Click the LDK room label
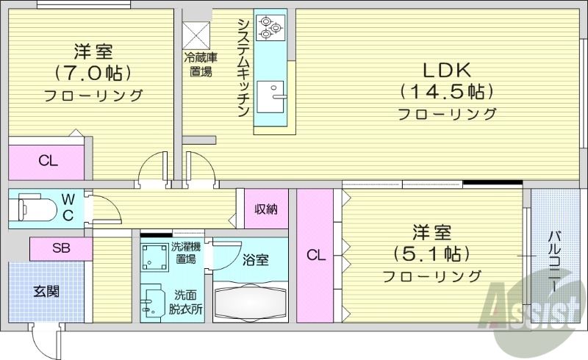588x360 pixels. [445, 71]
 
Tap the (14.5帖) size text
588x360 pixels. [445, 92]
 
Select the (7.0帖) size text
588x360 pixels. [93, 73]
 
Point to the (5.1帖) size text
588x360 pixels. [431, 254]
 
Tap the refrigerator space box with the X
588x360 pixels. [196, 35]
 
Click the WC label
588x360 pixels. [68, 205]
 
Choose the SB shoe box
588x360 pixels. [61, 248]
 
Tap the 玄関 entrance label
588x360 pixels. [46, 291]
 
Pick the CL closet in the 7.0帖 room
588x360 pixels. [49, 162]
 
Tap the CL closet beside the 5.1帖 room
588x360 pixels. [315, 256]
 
